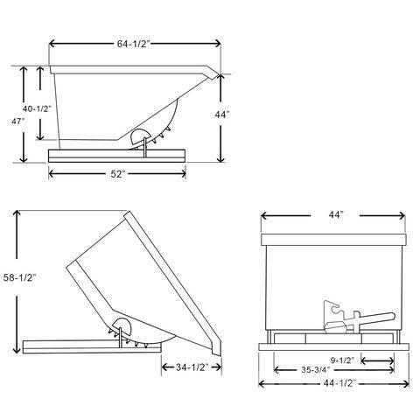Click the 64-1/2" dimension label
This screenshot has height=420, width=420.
(133, 44)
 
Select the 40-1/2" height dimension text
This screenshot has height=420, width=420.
(37, 108)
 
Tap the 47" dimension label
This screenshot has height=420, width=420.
(17, 121)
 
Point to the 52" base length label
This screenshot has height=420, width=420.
(117, 174)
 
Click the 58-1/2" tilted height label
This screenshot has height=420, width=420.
(19, 277)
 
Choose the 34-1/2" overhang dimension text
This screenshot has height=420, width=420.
(192, 367)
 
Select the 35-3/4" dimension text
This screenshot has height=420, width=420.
(316, 370)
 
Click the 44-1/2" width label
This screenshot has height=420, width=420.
(340, 383)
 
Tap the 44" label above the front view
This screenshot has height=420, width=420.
(336, 214)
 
